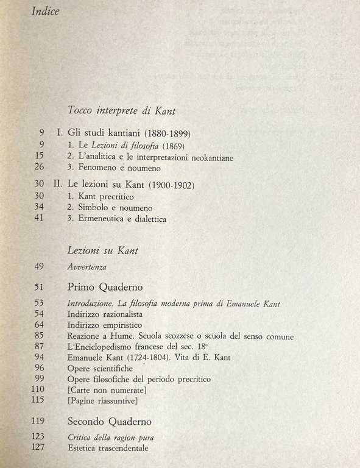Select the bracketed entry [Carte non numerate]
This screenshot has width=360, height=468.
tap(108, 389)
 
